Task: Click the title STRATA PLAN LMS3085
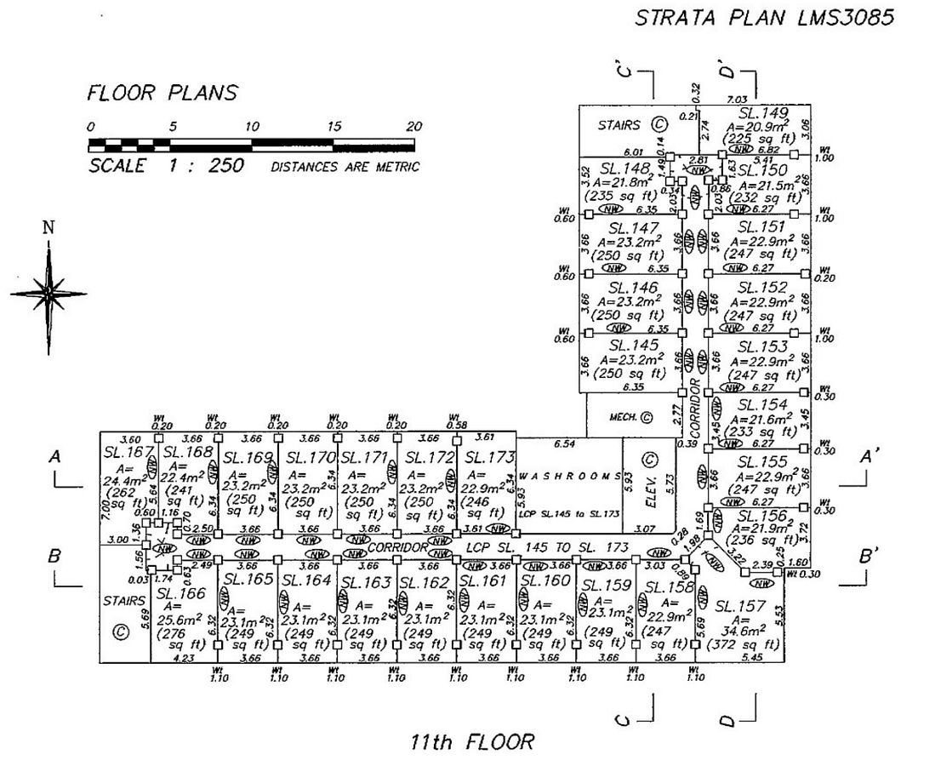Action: coord(765,19)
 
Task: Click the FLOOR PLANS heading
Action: coord(162,93)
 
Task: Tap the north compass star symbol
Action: coord(48,292)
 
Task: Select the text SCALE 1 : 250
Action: coord(167,165)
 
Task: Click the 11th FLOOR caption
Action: coord(472,742)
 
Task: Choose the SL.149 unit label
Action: coord(763,112)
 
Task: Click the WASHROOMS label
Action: coord(569,477)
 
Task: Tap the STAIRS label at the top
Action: coord(619,125)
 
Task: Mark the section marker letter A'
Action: coord(869,457)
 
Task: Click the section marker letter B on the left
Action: coord(54,557)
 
